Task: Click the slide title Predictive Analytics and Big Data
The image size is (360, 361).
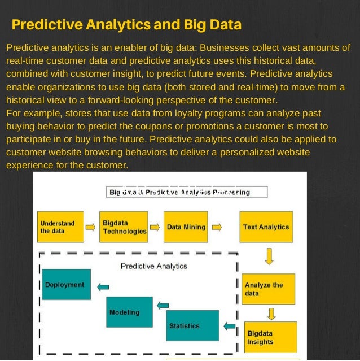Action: (x=126, y=25)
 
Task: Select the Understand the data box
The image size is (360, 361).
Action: (x=60, y=227)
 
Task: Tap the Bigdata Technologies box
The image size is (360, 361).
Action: (x=124, y=227)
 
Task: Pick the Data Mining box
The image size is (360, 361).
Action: (x=186, y=227)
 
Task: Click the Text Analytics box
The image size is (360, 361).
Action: (x=266, y=227)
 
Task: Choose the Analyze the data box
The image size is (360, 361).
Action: (x=269, y=289)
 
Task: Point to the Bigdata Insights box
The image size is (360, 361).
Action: (x=270, y=337)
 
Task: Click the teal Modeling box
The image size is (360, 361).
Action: (x=130, y=312)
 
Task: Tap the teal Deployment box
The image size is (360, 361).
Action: (x=65, y=285)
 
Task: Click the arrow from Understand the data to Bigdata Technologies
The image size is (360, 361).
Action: (x=90, y=228)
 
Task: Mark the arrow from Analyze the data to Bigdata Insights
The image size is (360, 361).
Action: (x=271, y=313)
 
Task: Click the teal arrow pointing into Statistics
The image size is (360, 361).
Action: (x=230, y=326)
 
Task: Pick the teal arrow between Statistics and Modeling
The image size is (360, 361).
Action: (x=163, y=306)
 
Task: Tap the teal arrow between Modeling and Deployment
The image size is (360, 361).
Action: (x=103, y=287)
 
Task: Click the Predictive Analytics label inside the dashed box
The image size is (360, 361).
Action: (x=154, y=266)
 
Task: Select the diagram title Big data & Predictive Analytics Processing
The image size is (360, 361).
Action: (x=179, y=192)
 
